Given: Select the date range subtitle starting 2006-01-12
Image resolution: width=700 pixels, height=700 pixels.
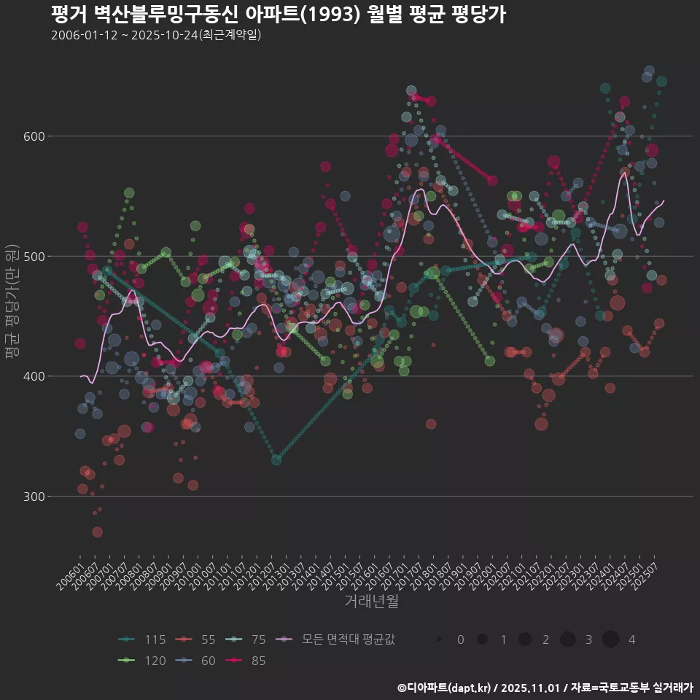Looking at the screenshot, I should [156, 35].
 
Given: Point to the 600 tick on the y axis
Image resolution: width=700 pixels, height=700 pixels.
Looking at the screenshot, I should [36, 136].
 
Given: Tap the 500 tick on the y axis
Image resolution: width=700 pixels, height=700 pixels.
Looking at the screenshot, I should [36, 256].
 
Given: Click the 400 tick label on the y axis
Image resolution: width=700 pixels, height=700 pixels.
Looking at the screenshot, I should [36, 376].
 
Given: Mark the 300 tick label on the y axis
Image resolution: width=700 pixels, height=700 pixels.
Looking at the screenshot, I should [36, 497].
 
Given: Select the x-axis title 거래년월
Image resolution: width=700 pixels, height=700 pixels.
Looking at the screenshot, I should [371, 602].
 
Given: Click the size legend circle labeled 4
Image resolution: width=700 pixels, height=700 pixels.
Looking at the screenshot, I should [610, 639].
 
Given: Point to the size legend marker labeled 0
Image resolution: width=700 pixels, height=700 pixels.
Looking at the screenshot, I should [440, 639].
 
